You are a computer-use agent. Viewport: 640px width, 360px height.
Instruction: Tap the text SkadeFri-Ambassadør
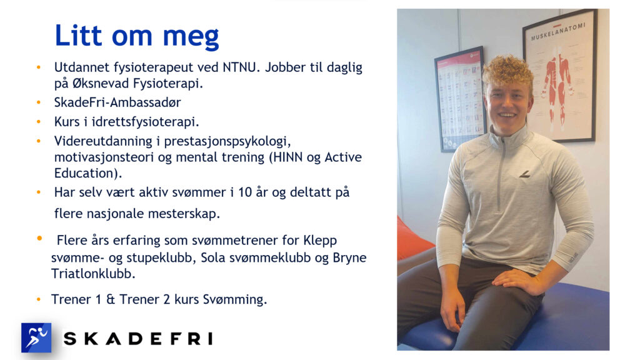coord(117,102)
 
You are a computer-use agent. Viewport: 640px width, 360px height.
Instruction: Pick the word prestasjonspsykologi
coord(227,141)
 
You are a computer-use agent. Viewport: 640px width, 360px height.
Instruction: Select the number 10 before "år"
coord(245,192)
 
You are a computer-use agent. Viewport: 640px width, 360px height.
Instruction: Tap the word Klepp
coord(320,241)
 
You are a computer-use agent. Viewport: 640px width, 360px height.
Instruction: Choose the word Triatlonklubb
coord(93,274)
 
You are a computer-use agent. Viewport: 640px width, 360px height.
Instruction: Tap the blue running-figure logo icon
coord(36,337)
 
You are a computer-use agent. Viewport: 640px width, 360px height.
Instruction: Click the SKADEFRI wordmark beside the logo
coord(138,338)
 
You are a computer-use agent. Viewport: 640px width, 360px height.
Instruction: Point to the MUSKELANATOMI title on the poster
coord(558,31)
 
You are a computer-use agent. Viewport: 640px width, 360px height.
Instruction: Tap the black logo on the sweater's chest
coord(525,174)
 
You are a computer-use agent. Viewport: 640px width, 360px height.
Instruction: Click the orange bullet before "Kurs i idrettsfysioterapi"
coord(39,122)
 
